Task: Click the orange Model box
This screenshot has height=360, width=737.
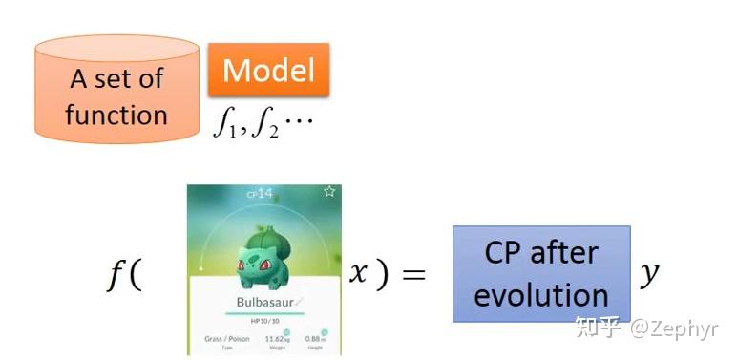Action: point(268,70)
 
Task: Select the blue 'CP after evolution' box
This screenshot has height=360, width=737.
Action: point(540,273)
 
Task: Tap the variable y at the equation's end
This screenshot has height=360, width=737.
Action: point(650,274)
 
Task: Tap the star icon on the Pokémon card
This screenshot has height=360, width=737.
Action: point(329,191)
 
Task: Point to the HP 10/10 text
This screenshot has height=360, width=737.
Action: point(264,321)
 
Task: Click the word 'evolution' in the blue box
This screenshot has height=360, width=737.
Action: point(540,295)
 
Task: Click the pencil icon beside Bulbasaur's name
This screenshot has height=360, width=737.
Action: point(299,301)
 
